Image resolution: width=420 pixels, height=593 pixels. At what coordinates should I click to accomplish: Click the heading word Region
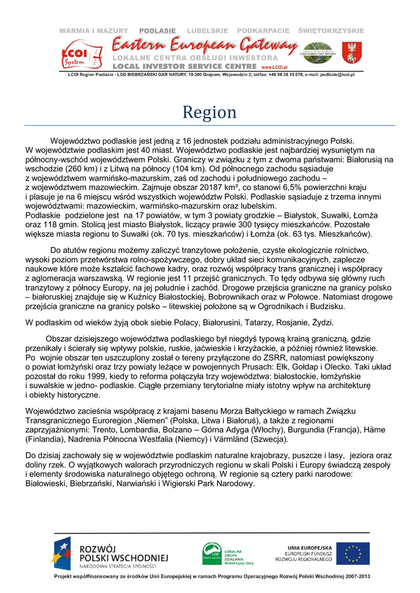[210, 112]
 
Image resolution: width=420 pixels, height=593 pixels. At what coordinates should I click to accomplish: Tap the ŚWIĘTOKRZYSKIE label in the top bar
[331, 31]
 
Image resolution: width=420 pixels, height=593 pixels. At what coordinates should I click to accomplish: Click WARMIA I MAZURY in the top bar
[93, 31]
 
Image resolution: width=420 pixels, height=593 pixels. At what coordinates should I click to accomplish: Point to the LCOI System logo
[78, 53]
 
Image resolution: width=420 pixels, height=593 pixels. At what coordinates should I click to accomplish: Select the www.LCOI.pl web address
[275, 67]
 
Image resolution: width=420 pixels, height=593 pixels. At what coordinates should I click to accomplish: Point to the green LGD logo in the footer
[211, 552]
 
